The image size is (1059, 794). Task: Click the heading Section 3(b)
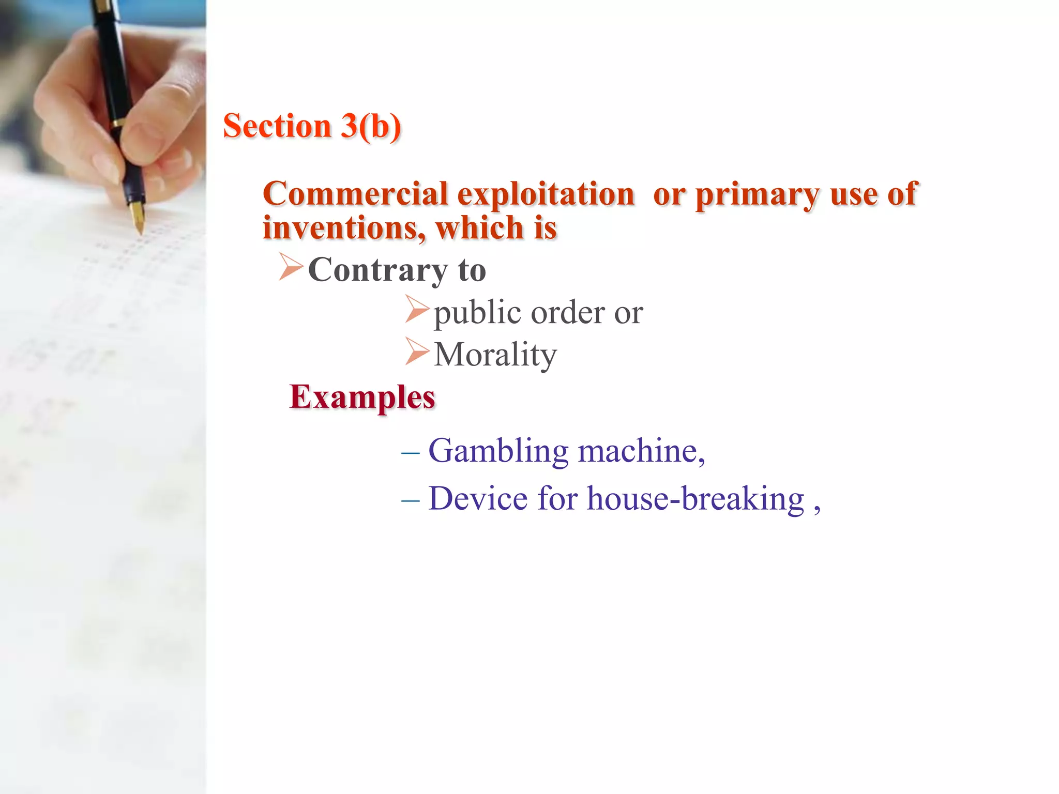click(312, 126)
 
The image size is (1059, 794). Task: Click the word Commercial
click(355, 194)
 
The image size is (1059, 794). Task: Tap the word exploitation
click(546, 194)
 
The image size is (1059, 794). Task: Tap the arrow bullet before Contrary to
click(291, 267)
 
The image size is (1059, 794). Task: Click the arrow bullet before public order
click(417, 309)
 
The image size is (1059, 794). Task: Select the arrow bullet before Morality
click(417, 352)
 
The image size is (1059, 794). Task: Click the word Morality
click(495, 355)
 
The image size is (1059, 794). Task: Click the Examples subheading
click(362, 398)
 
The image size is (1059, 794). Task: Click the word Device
click(478, 499)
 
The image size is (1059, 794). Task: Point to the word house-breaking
click(695, 499)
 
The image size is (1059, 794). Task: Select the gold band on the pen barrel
click(117, 124)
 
